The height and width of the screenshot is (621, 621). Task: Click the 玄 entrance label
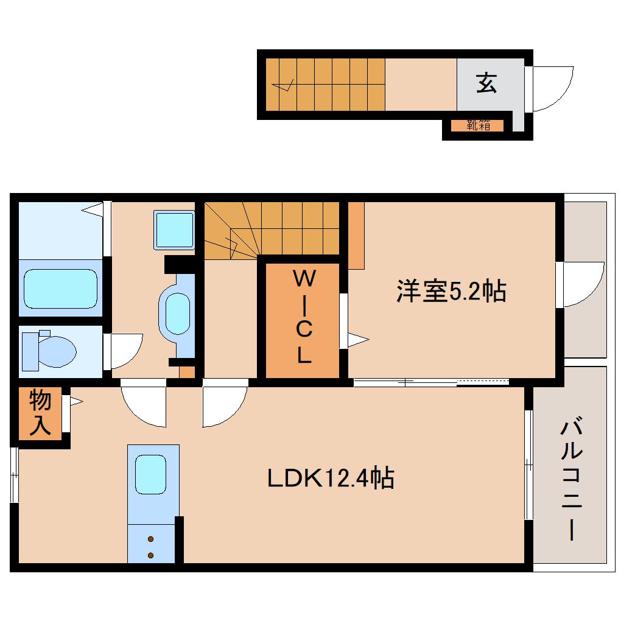click(x=486, y=83)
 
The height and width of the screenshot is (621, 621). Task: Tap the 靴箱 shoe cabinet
click(x=478, y=126)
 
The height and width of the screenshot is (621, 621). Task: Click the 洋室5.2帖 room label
click(x=451, y=292)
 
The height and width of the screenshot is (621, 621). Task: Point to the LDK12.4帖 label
click(x=331, y=478)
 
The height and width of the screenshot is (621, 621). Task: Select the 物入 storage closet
click(x=40, y=413)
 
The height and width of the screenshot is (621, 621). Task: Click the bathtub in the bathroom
click(x=60, y=289)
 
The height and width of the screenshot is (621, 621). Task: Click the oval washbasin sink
click(x=175, y=314)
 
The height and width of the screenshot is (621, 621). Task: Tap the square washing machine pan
click(x=174, y=230)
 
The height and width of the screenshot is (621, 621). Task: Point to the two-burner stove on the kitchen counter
click(x=151, y=546)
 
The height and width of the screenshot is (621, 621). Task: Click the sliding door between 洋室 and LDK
click(x=431, y=382)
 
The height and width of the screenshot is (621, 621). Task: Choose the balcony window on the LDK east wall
click(x=528, y=465)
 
